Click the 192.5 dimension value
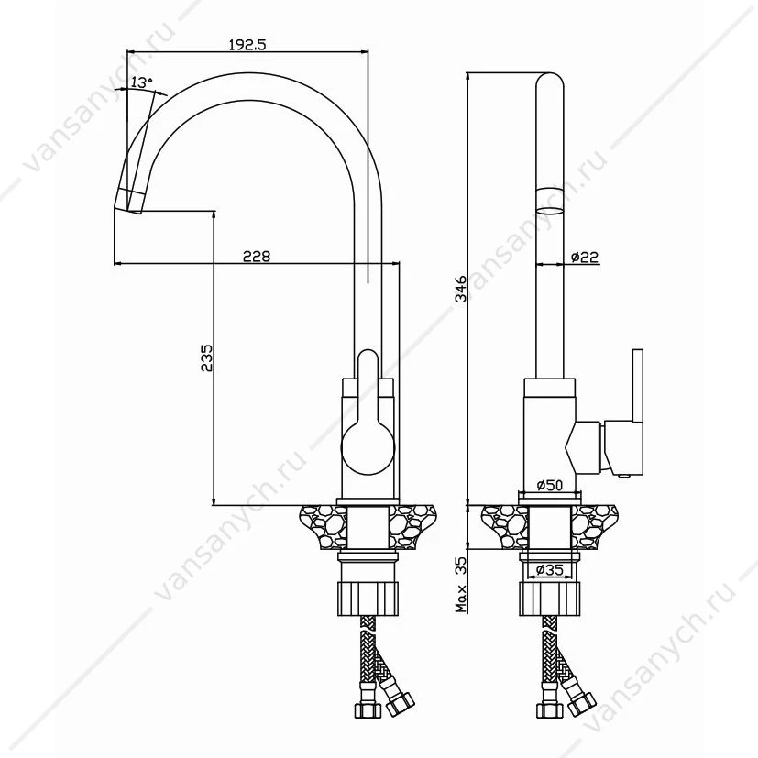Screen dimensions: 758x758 pyautogui.click(x=247, y=45)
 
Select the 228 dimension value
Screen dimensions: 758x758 pyautogui.click(x=257, y=256)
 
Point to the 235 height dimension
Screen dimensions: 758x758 pyautogui.click(x=206, y=357)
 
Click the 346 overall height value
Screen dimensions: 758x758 pyautogui.click(x=462, y=288)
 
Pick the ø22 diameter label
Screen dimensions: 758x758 pyautogui.click(x=585, y=257)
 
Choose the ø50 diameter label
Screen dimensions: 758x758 pyautogui.click(x=550, y=484)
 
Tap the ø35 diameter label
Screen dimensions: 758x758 pyautogui.click(x=550, y=570)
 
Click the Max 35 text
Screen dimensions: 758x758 pyautogui.click(x=462, y=585)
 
